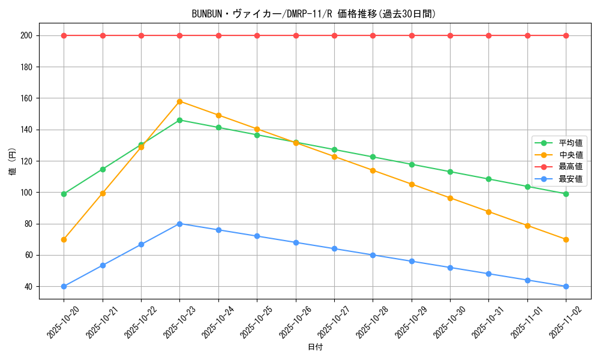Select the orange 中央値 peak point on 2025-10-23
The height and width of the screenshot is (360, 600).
click(180, 101)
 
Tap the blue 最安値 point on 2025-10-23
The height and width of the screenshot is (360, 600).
click(180, 224)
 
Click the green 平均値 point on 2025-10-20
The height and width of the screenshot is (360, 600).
click(64, 194)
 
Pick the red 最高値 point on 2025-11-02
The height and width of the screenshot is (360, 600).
click(566, 35)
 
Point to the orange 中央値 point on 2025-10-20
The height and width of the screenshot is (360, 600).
click(64, 239)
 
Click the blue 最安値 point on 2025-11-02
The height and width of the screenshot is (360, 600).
click(566, 286)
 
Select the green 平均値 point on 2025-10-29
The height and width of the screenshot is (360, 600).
click(412, 164)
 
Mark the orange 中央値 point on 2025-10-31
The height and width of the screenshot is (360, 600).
click(488, 212)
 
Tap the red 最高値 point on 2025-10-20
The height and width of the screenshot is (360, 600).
click(64, 35)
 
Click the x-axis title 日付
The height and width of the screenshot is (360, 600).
click(315, 347)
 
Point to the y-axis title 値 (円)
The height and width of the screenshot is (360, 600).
click(13, 161)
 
